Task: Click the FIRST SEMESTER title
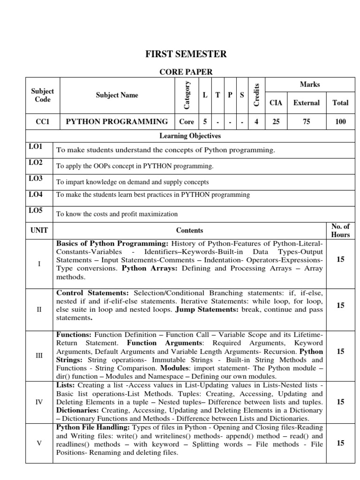coord(187,54)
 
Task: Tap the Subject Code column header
coord(43,95)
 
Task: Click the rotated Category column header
coord(187,95)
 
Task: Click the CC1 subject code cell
coord(43,121)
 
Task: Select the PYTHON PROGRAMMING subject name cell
coord(117,121)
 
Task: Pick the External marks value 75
coord(306,121)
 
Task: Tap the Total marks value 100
coord(340,121)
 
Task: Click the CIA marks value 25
coord(276,121)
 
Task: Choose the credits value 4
coord(256,121)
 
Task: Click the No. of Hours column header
coord(340,231)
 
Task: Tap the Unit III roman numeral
coord(39,356)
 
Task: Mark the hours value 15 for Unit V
coord(340,442)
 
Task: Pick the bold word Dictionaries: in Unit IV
coord(77,410)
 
